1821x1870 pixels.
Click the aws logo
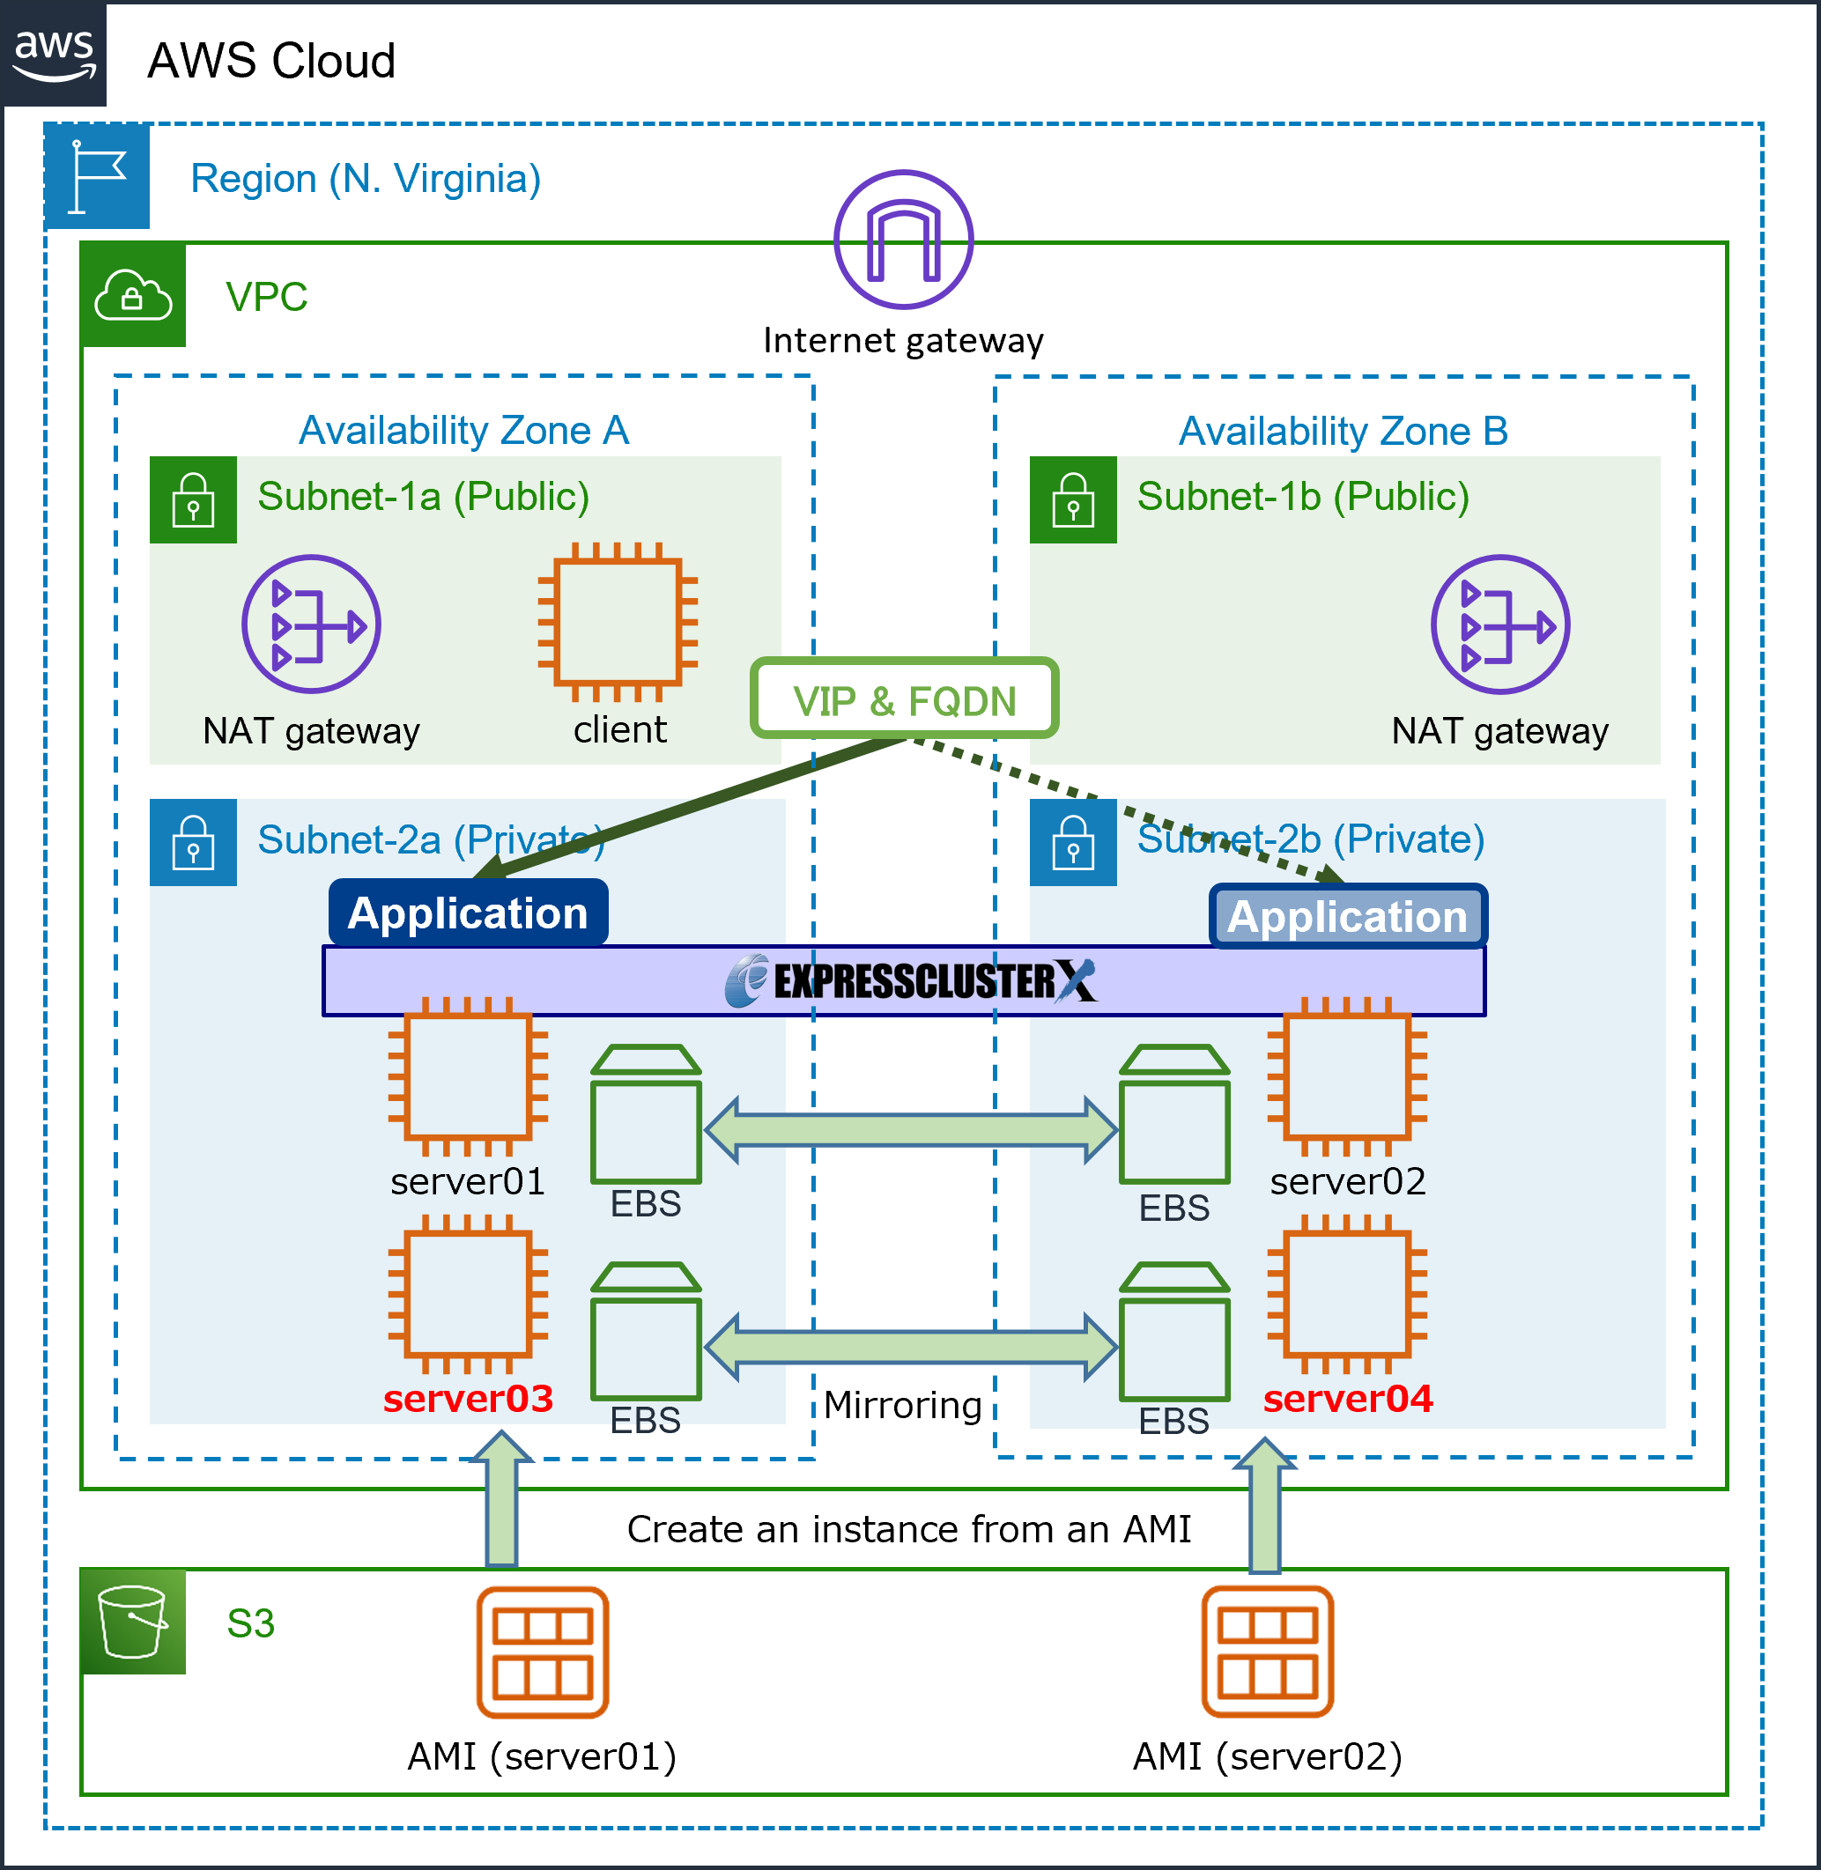point(54,53)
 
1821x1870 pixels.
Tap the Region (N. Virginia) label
point(366,179)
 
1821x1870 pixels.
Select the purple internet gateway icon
point(903,240)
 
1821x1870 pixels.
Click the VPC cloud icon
point(133,295)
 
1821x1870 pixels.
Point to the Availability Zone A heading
point(464,430)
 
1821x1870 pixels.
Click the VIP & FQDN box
point(904,698)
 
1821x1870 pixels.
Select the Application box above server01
point(468,913)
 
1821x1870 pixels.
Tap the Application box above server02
point(1347,916)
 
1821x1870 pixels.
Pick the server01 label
point(468,1182)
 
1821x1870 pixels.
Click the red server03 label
point(468,1399)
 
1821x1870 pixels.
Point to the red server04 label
point(1347,1399)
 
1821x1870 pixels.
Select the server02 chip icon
point(1347,1077)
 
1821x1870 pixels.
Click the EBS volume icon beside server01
point(647,1113)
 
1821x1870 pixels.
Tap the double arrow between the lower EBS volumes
point(911,1346)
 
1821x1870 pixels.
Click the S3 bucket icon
point(133,1622)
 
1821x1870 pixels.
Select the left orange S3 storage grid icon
point(543,1651)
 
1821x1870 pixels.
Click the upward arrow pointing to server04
point(1264,1505)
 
